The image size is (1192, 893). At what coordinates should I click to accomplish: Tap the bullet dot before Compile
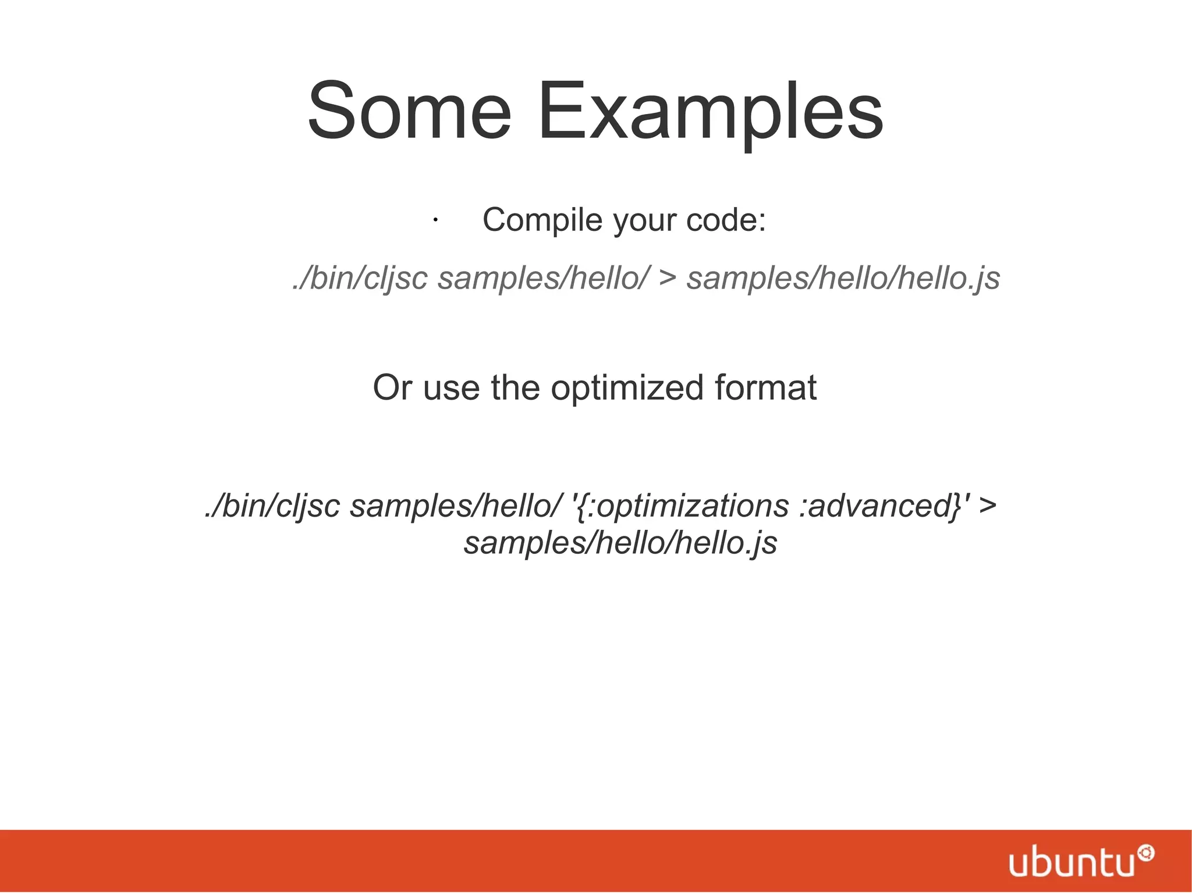[435, 220]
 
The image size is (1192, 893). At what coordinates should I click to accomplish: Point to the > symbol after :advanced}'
[988, 505]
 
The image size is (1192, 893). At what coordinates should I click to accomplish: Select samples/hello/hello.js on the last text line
[620, 543]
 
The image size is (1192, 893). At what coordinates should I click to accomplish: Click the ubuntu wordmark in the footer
[1072, 863]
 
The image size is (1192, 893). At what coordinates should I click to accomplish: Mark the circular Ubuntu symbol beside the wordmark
[1145, 853]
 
